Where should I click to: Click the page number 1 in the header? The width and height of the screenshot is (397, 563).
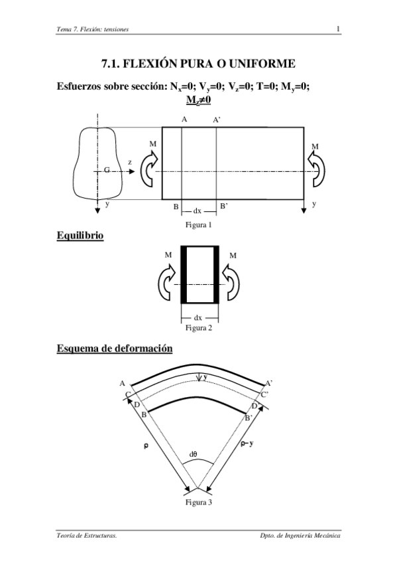pyautogui.click(x=338, y=29)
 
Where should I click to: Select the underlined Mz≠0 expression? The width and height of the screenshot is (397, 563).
pyautogui.click(x=198, y=100)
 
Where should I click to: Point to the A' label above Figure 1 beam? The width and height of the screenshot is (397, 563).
pyautogui.click(x=217, y=120)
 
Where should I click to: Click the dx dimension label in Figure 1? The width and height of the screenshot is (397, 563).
pyautogui.click(x=198, y=211)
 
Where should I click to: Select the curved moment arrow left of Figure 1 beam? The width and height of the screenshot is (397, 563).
pyautogui.click(x=148, y=169)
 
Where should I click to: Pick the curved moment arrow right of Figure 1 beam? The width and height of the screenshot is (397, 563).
pyautogui.click(x=316, y=169)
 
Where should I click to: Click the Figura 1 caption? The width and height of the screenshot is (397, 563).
pyautogui.click(x=199, y=225)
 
